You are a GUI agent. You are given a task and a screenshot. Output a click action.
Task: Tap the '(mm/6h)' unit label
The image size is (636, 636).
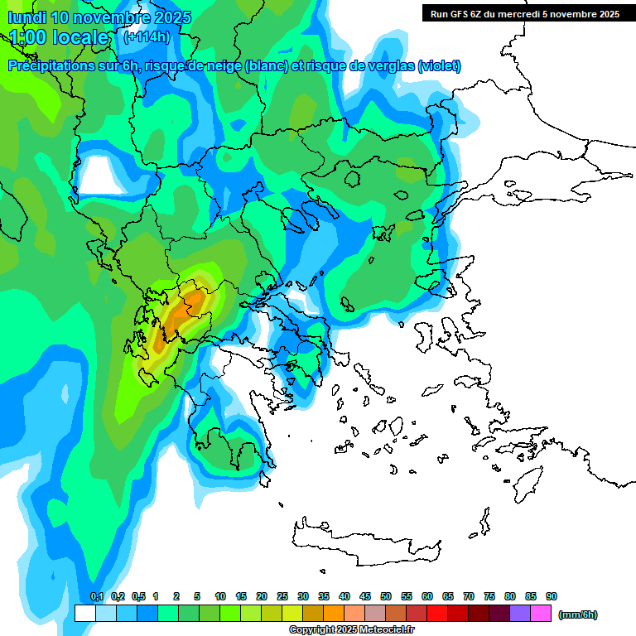click(578, 614)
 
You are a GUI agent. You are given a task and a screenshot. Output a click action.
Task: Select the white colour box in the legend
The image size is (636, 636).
click(84, 613)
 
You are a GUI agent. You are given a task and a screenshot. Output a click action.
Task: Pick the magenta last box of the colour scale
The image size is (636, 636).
click(541, 613)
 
